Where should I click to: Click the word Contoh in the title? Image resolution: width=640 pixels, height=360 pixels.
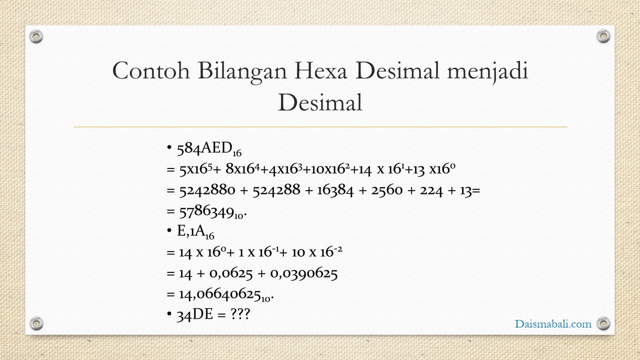point(151,70)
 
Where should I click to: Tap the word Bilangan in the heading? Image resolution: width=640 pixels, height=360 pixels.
point(242,71)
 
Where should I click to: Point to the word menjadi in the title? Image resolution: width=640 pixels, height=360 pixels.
point(487,71)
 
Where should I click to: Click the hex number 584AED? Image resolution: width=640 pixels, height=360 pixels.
point(204,148)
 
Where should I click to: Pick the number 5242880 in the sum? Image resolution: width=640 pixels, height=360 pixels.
point(207,190)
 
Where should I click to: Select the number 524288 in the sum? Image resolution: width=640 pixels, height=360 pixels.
point(276,190)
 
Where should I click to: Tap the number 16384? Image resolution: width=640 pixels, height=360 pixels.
point(335,190)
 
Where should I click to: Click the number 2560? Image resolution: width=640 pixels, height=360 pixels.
point(387,190)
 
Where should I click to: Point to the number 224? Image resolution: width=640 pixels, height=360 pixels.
point(431,190)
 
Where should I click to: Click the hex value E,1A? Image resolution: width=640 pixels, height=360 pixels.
point(191,231)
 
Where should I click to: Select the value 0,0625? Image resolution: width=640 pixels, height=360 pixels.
point(231,273)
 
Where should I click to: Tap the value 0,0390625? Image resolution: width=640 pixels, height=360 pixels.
point(303,273)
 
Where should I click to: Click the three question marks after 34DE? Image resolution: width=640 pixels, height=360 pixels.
point(240,314)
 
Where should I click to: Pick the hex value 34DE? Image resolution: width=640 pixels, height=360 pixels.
point(195,314)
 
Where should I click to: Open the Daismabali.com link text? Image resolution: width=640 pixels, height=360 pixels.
point(553,323)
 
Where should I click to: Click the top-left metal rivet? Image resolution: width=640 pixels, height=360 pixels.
point(36,37)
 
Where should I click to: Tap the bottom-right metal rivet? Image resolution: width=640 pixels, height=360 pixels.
point(603,323)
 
